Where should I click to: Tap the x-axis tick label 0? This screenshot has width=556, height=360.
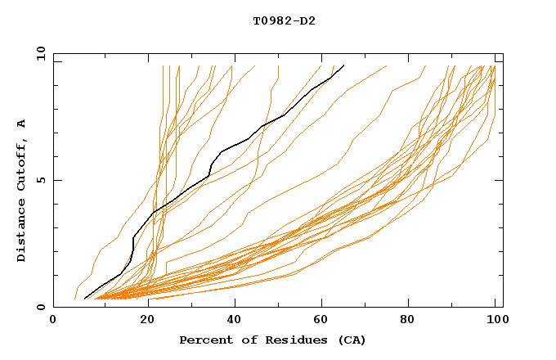53,322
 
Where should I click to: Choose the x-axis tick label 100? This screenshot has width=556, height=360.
495,322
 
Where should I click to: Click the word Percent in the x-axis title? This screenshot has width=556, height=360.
204,340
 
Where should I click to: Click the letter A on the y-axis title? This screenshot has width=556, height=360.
22,124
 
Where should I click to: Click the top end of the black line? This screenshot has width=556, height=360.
344,65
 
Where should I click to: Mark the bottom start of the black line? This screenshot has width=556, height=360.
85,299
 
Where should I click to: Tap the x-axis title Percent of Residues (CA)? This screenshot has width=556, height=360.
273,340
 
